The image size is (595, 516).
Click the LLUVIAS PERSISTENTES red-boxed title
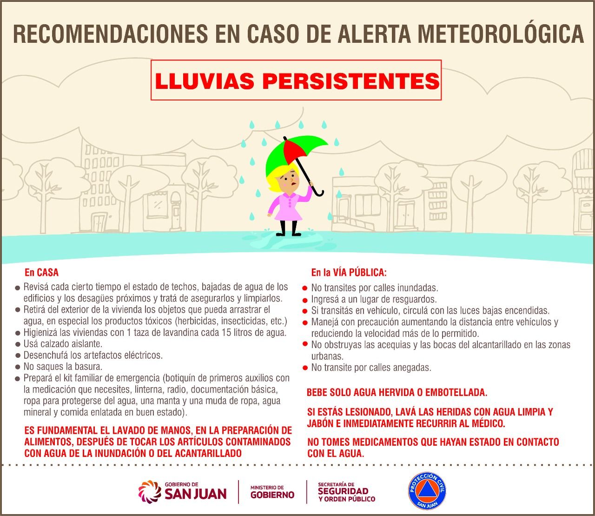tap(297, 80)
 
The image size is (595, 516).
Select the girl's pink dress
tap(287, 207)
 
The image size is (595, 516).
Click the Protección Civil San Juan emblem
tap(427, 491)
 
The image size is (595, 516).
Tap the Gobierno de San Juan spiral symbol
tap(149, 491)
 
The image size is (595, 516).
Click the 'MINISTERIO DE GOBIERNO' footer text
tap(272, 491)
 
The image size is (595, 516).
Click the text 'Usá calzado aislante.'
tap(63, 344)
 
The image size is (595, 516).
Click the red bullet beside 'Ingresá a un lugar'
tap(305, 300)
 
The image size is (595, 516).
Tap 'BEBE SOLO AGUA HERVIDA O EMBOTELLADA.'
tap(397, 393)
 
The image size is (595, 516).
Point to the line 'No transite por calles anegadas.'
tap(371, 368)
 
